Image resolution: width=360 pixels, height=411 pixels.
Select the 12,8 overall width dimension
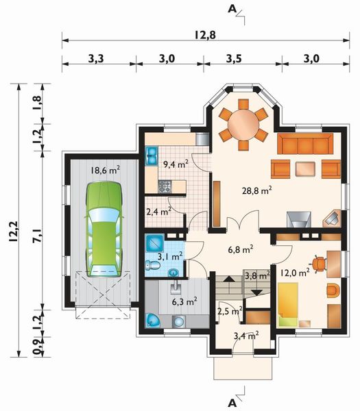204,35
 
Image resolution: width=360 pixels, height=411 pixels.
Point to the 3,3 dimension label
96,59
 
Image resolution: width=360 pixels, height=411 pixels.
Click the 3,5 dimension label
235,59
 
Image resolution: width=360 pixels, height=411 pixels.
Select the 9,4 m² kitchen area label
175,164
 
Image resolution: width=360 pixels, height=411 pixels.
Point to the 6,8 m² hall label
241,249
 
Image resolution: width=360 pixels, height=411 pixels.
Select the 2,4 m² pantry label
159,212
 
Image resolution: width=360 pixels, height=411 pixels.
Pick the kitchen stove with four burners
165,185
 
